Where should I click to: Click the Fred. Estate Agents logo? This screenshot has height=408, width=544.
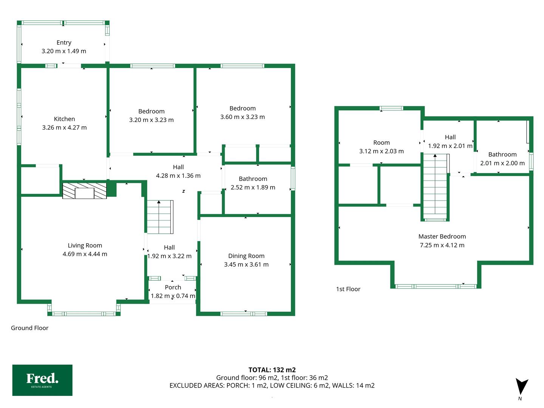tap(42, 380)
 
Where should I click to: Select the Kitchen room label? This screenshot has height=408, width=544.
tap(65, 119)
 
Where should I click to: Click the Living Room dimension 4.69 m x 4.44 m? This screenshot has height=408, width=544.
tap(85, 254)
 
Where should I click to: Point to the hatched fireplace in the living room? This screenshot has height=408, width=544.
tap(85, 191)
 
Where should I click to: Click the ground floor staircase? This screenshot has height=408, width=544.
tap(160, 217)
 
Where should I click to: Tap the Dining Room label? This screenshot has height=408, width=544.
tap(246, 256)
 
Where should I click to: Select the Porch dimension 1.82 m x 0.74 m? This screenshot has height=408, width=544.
tap(173, 296)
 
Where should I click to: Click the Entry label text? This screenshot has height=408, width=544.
tap(64, 43)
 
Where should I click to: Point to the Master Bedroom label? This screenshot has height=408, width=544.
tap(442, 236)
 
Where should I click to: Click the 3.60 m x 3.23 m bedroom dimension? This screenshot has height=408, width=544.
tap(243, 117)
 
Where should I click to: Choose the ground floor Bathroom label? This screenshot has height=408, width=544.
tap(253, 179)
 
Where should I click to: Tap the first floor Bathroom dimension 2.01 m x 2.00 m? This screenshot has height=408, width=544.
tap(502, 163)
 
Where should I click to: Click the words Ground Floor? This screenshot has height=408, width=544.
tap(29, 328)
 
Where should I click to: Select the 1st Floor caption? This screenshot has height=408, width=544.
tap(348, 289)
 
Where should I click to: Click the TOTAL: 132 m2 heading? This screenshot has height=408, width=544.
tap(272, 370)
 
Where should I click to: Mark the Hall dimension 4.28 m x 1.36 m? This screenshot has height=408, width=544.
tap(178, 176)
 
